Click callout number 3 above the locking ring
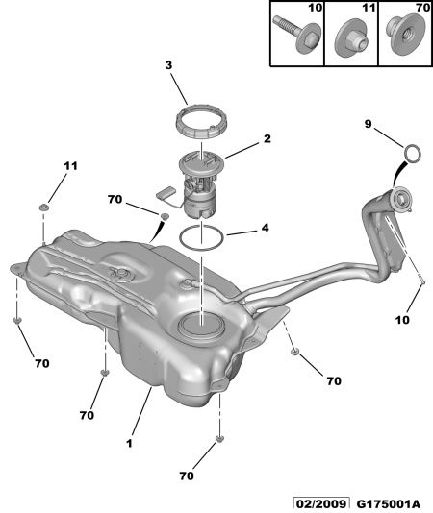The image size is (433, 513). [168, 65]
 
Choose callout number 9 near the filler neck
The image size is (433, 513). [369, 124]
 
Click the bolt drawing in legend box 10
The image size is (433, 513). [297, 35]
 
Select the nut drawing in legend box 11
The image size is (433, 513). [351, 37]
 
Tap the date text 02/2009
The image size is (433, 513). [320, 504]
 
